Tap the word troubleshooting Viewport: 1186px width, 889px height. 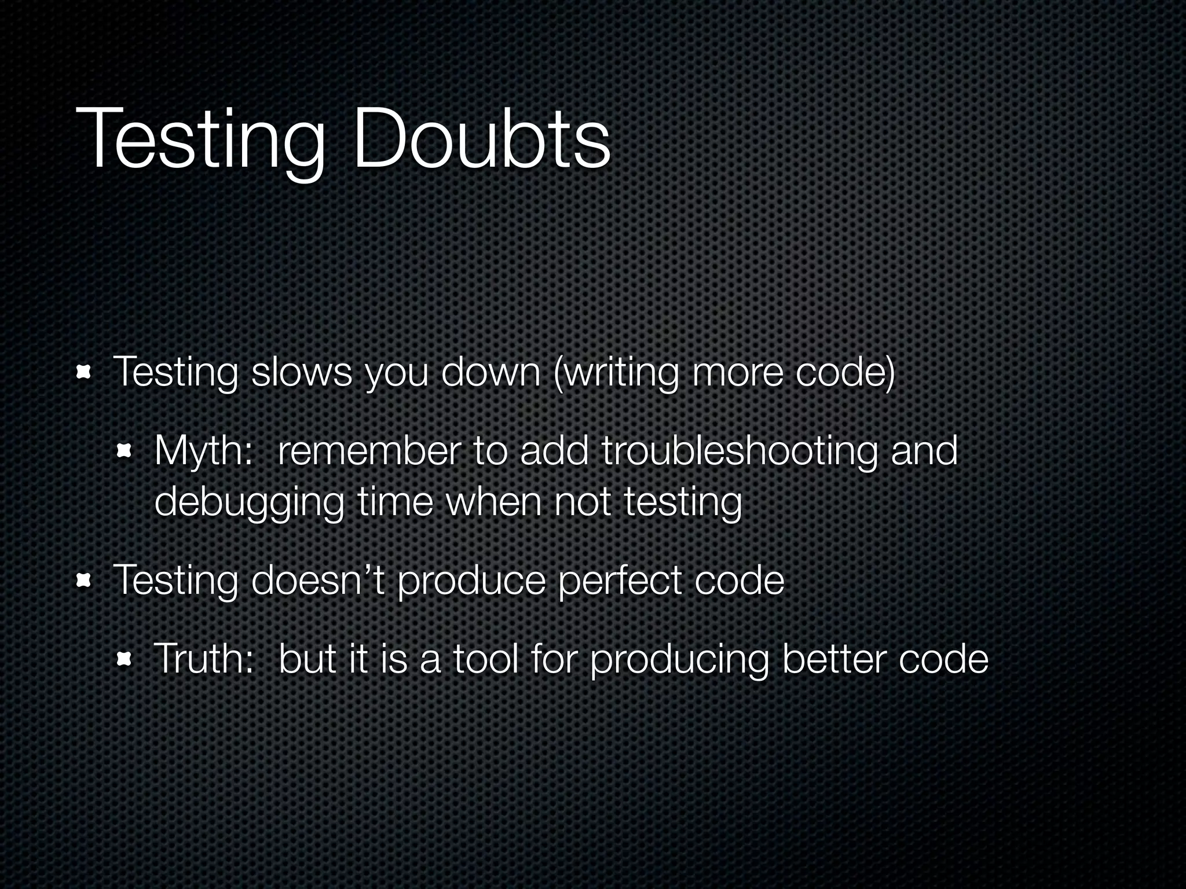[739, 451]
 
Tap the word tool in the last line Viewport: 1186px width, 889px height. [485, 658]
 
